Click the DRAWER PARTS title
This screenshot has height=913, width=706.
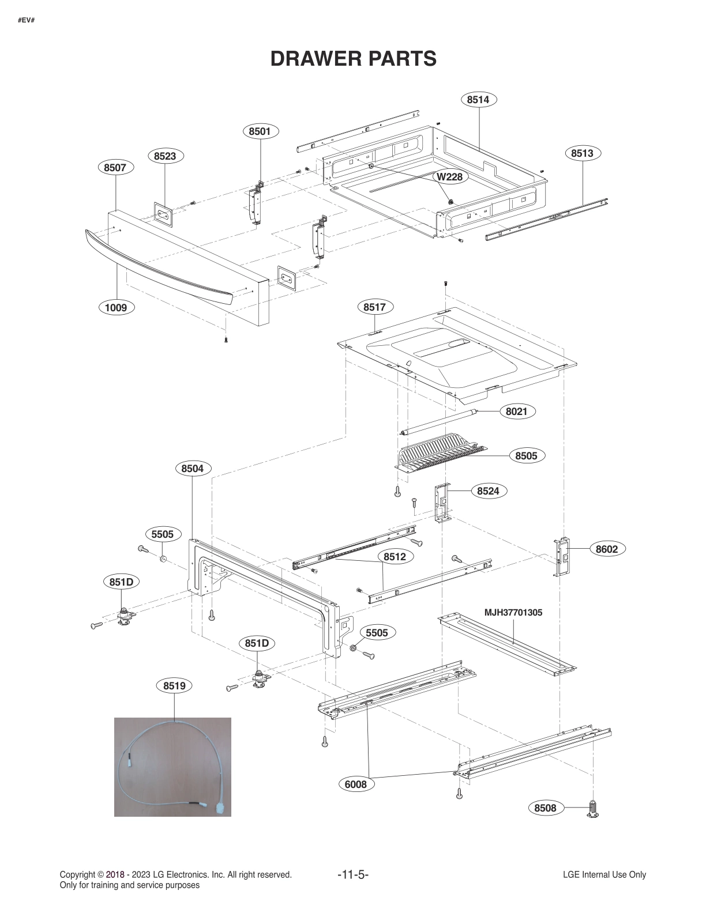pos(353,59)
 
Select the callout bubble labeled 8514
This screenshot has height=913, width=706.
pos(478,100)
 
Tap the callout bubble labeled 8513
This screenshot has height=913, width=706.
pos(582,153)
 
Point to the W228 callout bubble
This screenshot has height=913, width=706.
pos(449,177)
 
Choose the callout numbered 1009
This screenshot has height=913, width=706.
pos(115,307)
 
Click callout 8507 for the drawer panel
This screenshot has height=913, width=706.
pos(115,168)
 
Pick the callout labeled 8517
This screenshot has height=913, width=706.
pos(374,307)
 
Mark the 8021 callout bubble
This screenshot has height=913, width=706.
pos(516,412)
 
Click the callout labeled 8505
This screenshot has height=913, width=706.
pos(526,456)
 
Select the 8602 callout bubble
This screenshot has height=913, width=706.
pos(606,549)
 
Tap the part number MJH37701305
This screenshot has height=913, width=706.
pos(513,613)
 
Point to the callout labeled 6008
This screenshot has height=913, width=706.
pos(355,784)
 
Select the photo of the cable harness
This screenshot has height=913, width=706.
pos(172,767)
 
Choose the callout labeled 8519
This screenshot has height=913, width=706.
pos(174,686)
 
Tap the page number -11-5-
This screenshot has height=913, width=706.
pos(352,875)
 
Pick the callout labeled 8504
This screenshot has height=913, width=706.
pos(193,469)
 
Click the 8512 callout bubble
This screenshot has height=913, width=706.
pos(395,557)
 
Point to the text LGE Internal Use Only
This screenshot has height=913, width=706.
pos(604,875)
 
